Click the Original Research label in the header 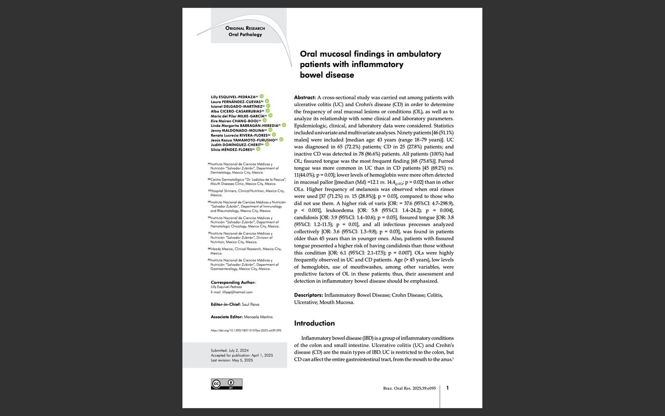point(245,28)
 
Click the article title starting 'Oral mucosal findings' point(370,64)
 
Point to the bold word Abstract point(305,97)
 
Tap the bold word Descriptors point(308,295)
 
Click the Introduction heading point(314,323)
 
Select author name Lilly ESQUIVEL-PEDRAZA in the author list point(234,97)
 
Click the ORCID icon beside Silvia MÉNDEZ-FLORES point(258,149)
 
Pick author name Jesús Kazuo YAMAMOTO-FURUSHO point(243,140)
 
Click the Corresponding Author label point(233,282)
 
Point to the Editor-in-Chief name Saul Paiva point(250,304)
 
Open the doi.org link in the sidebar point(246,330)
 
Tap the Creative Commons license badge point(227,384)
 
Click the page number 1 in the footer point(448,388)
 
